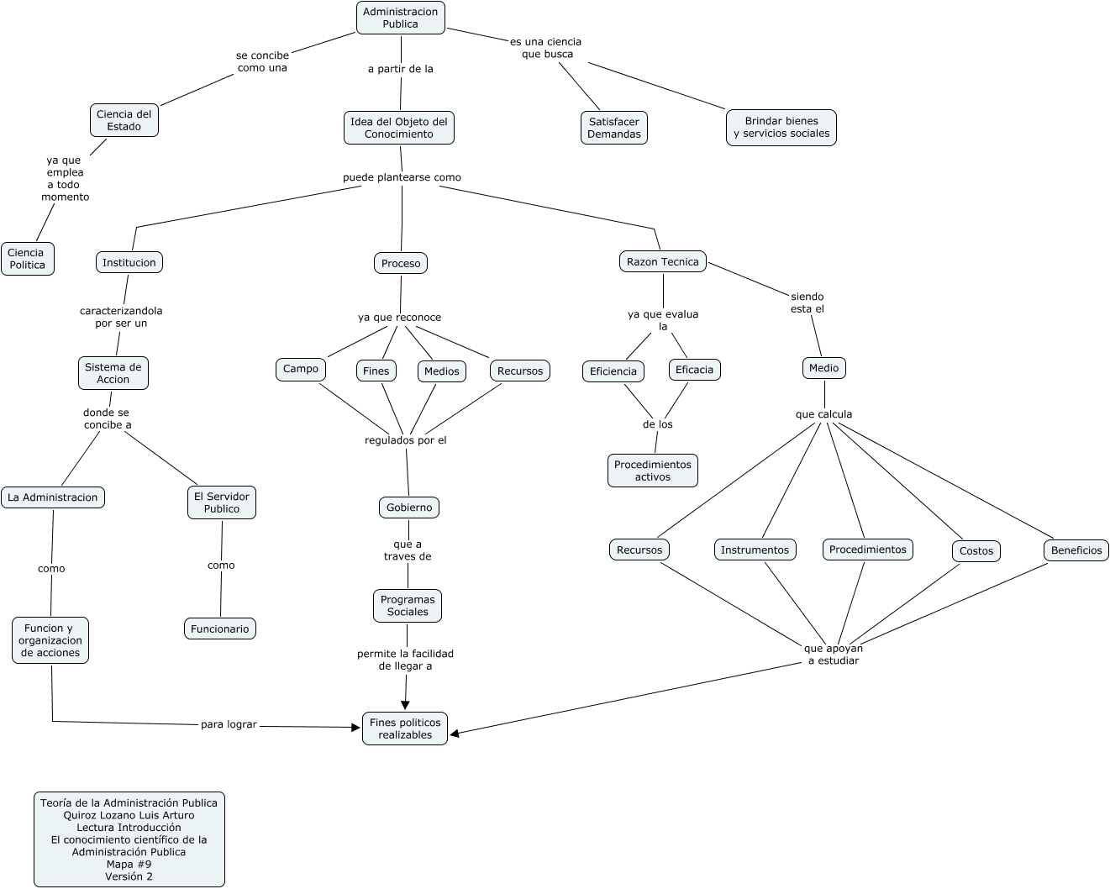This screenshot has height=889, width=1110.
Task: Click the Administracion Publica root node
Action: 401,18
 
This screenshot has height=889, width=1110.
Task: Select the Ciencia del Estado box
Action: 124,120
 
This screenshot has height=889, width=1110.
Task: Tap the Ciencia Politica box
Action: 27,259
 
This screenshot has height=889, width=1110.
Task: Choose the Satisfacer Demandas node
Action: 614,128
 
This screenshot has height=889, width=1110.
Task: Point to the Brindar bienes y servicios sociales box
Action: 781,128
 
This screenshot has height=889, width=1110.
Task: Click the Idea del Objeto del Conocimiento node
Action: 399,128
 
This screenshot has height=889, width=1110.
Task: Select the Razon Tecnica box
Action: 663,261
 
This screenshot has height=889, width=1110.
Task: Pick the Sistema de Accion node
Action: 113,373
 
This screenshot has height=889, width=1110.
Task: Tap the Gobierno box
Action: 409,508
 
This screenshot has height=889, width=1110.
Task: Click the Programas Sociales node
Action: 408,606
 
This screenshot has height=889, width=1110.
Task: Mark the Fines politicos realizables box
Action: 405,729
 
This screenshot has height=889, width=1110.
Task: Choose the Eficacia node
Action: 694,370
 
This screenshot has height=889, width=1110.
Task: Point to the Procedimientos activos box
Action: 653,471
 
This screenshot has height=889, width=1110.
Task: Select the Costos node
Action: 976,551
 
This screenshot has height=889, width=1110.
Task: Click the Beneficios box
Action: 1076,550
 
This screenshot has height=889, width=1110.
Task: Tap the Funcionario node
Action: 220,629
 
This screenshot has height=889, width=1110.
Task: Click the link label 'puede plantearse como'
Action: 402,177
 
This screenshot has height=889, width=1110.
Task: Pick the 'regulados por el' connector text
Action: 406,440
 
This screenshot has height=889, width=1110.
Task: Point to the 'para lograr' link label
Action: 229,724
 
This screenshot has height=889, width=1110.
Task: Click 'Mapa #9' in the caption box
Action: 129,864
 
